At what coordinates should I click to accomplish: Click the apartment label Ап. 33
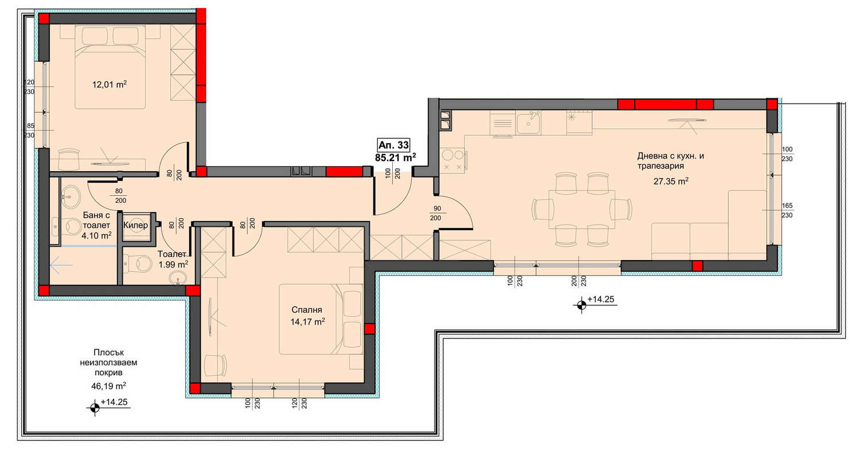[x=393, y=145]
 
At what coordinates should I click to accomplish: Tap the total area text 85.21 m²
[x=396, y=157]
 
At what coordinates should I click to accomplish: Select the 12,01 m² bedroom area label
[x=110, y=84]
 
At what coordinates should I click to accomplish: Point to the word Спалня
[x=306, y=310]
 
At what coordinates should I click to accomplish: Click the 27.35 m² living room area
[x=671, y=181]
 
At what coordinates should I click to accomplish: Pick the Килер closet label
[x=135, y=225]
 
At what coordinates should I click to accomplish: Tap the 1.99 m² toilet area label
[x=173, y=264]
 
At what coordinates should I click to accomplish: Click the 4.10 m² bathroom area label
[x=96, y=235]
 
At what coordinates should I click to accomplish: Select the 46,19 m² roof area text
[x=108, y=385]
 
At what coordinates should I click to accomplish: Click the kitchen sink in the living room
[x=528, y=123]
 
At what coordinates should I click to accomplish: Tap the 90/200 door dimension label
[x=437, y=213]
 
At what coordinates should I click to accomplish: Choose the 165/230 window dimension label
[x=787, y=211]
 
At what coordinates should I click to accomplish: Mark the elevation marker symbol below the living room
[x=581, y=305]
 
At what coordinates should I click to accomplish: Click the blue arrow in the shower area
[x=61, y=265]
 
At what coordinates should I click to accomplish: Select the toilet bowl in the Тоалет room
[x=139, y=263]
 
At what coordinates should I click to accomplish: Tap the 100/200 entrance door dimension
[x=392, y=174]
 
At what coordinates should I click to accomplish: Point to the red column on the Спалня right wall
[x=369, y=329]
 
